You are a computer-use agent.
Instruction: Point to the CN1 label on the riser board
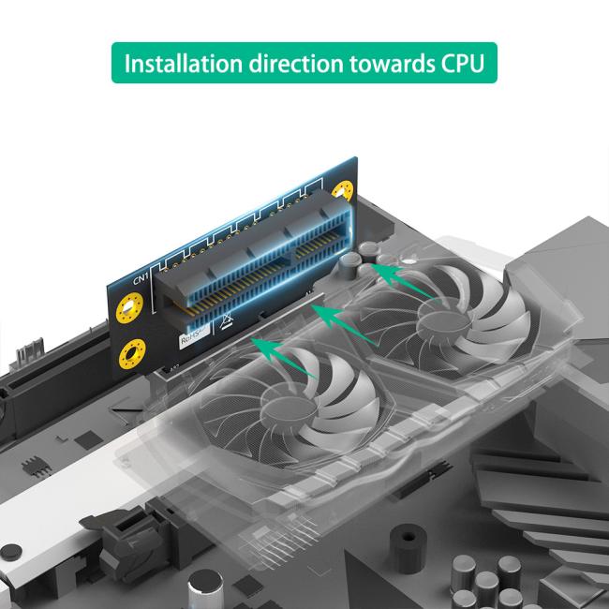pyautogui.click(x=141, y=278)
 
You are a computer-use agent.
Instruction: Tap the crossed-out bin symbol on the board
pyautogui.click(x=225, y=325)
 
